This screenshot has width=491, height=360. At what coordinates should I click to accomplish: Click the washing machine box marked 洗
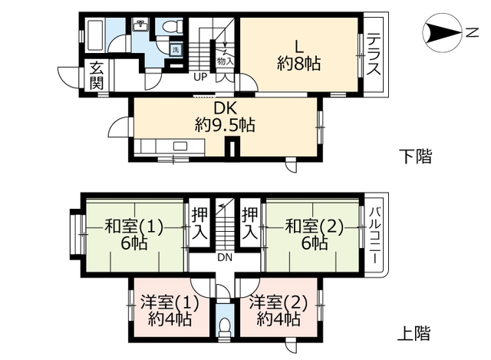click(x=175, y=50)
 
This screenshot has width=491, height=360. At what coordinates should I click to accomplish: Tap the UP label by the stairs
click(x=199, y=78)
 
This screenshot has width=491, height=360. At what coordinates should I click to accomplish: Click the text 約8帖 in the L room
click(x=298, y=64)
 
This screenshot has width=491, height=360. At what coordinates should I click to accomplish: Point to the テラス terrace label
click(x=374, y=54)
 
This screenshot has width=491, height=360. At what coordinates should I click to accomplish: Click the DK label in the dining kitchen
click(x=224, y=109)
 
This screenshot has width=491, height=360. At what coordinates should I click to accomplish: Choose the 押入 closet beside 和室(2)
click(x=250, y=220)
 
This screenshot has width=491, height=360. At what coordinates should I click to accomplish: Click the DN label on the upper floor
click(x=224, y=256)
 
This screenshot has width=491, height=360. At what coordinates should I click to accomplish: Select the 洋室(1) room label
click(x=171, y=302)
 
